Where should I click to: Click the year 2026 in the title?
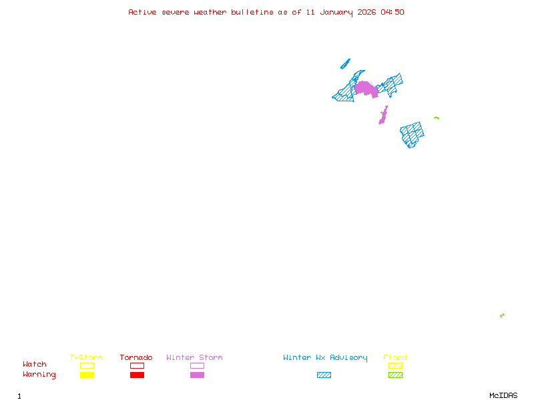[x=366, y=12]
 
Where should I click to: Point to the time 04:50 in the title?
[x=392, y=12]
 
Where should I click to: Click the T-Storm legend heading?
[x=86, y=357]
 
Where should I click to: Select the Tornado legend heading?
[x=136, y=357]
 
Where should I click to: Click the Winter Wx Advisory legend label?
[x=325, y=358]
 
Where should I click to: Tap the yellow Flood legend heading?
[x=395, y=357]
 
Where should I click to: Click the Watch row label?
[x=35, y=364]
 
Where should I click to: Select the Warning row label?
[x=39, y=375]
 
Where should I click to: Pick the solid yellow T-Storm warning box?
[x=87, y=375]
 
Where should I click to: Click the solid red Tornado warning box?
[x=138, y=375]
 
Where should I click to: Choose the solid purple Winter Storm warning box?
[x=197, y=375]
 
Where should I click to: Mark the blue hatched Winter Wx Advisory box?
[x=324, y=375]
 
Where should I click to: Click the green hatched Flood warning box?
[x=395, y=375]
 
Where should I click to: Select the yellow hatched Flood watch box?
[x=395, y=365]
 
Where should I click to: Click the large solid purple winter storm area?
[x=366, y=89]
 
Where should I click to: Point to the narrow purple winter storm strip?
[x=383, y=115]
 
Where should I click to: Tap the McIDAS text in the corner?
[x=503, y=395]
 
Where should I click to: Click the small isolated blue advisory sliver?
[x=345, y=64]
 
